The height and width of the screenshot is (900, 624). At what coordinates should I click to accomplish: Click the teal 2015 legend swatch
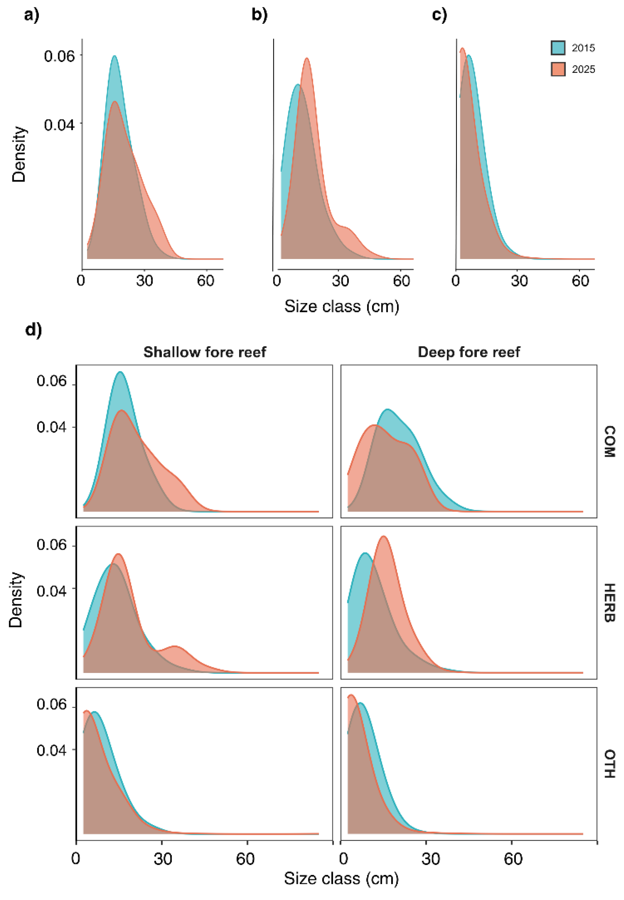(x=558, y=48)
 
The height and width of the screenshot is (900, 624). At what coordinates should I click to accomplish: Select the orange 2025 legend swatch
(x=558, y=69)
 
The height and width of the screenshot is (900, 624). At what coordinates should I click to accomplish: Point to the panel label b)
(x=260, y=15)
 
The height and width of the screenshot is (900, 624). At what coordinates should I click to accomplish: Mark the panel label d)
(x=34, y=330)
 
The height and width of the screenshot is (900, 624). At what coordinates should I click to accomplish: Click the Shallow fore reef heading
(x=204, y=352)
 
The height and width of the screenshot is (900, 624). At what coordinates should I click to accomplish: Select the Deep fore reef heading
(x=469, y=352)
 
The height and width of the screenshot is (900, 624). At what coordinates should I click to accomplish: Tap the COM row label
(x=609, y=441)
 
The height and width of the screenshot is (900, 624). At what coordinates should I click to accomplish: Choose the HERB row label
(x=609, y=602)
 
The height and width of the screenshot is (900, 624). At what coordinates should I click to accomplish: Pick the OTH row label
(x=609, y=763)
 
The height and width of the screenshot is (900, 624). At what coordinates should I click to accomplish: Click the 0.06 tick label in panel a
(x=59, y=56)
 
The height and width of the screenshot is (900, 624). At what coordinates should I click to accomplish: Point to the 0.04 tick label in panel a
(x=59, y=125)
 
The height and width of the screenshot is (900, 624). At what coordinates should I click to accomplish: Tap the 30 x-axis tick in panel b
(x=340, y=281)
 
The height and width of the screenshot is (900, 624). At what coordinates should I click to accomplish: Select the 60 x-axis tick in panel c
(x=580, y=281)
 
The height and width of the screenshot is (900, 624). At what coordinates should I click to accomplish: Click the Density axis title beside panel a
(x=19, y=155)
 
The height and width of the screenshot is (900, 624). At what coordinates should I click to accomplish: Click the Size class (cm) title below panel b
(x=342, y=306)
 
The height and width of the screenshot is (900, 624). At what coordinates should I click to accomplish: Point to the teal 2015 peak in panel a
(x=115, y=56)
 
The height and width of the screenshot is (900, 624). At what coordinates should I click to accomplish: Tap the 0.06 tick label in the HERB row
(x=52, y=545)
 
